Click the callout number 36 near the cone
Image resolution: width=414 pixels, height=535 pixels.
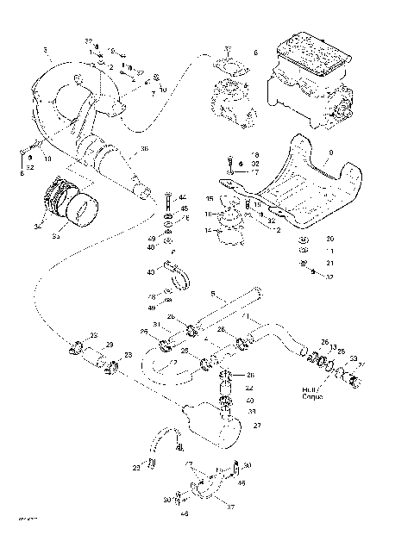point(144,149)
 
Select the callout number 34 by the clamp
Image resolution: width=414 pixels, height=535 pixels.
point(37,227)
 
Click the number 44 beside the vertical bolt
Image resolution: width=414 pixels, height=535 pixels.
point(182,197)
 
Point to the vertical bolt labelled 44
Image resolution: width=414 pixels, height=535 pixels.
point(166,203)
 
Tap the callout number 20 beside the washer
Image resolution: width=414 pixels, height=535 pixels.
point(329,238)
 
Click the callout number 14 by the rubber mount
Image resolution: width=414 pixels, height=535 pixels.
point(207,231)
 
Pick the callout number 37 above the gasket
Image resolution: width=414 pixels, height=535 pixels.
point(227,48)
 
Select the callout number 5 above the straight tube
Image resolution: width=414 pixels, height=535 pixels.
point(213,293)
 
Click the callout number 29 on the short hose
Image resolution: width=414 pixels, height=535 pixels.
point(109,345)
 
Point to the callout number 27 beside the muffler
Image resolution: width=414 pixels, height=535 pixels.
point(257,426)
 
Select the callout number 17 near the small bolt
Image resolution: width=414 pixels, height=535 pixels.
point(255,171)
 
